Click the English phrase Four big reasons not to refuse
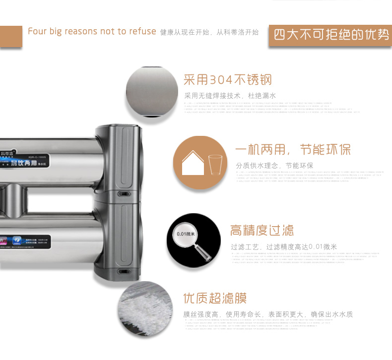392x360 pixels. coord(92,31)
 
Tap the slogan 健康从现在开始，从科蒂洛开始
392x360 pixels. coord(209,32)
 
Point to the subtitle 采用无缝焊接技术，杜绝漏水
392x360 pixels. coord(230,96)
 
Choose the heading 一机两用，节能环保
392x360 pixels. coord(293,150)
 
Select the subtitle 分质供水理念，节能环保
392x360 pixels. coord(274,166)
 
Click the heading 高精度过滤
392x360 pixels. coord(261,230)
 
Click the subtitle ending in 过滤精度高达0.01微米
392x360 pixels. coord(283,246)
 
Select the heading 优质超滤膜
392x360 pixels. coord(215,299)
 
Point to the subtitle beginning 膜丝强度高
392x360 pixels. coord(268,314)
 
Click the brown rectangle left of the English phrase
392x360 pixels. coord(10,36)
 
